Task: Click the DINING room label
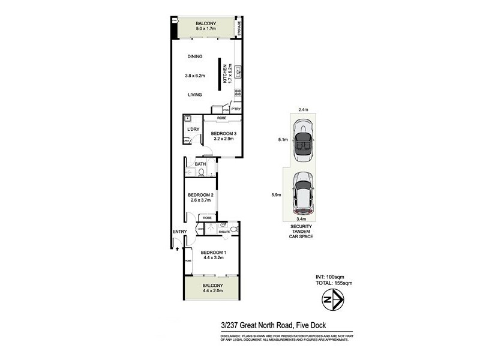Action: pyautogui.click(x=194, y=57)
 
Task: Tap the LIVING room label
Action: pyautogui.click(x=194, y=95)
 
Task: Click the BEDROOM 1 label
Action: pyautogui.click(x=213, y=252)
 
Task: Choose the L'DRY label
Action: pyautogui.click(x=193, y=130)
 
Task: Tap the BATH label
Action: pyautogui.click(x=200, y=163)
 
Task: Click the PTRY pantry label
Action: pyautogui.click(x=236, y=109)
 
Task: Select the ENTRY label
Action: pyautogui.click(x=179, y=232)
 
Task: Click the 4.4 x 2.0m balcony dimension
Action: pyautogui.click(x=213, y=292)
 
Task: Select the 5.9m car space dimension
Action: pyautogui.click(x=277, y=195)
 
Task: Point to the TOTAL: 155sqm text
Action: pyautogui.click(x=335, y=282)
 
